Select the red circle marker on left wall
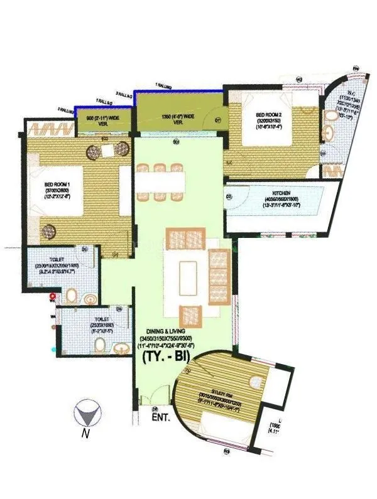tap(53, 295)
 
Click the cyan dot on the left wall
tap(53, 347)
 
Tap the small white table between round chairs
tap(107, 150)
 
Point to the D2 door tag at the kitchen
tap(229, 196)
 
